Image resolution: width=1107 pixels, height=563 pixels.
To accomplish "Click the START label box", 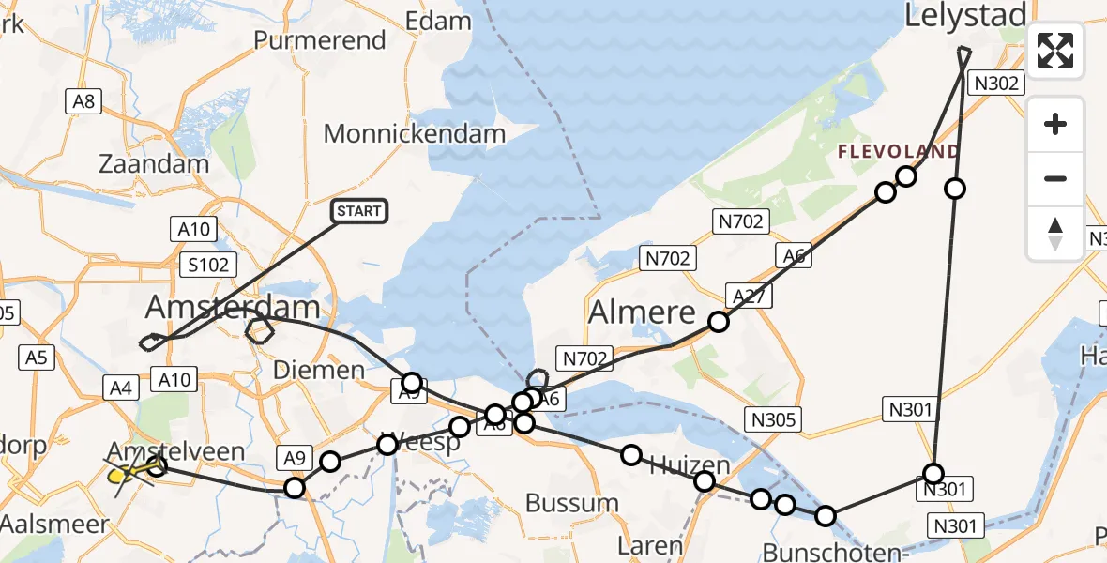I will click(358, 211).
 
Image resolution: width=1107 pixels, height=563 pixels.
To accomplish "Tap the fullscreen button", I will click(1055, 51).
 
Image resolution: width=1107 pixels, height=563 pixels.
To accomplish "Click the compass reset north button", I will click(1055, 234).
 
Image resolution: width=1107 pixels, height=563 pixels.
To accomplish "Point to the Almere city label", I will click(642, 312).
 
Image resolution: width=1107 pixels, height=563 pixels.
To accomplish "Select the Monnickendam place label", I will click(415, 134).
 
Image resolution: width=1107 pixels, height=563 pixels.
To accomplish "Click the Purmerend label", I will click(320, 40).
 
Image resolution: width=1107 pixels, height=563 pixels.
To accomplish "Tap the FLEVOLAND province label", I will click(898, 152).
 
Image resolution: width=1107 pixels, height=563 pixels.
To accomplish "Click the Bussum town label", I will click(571, 503).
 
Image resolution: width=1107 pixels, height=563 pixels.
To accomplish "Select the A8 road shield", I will click(83, 101).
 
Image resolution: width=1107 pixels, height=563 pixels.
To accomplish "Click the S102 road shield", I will click(207, 265).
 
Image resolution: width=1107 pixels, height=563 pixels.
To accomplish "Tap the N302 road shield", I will click(995, 84).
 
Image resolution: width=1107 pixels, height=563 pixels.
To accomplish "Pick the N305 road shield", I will click(774, 420).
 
